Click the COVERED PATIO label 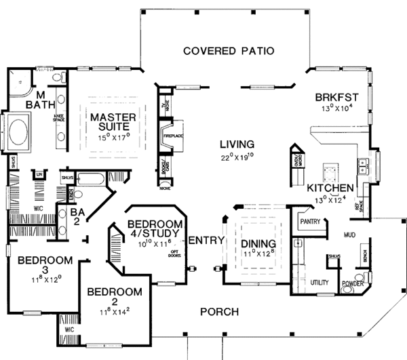pyautogui.click(x=228, y=51)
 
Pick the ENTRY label pyautogui.click(x=203, y=241)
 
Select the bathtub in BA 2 pyautogui.click(x=90, y=181)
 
